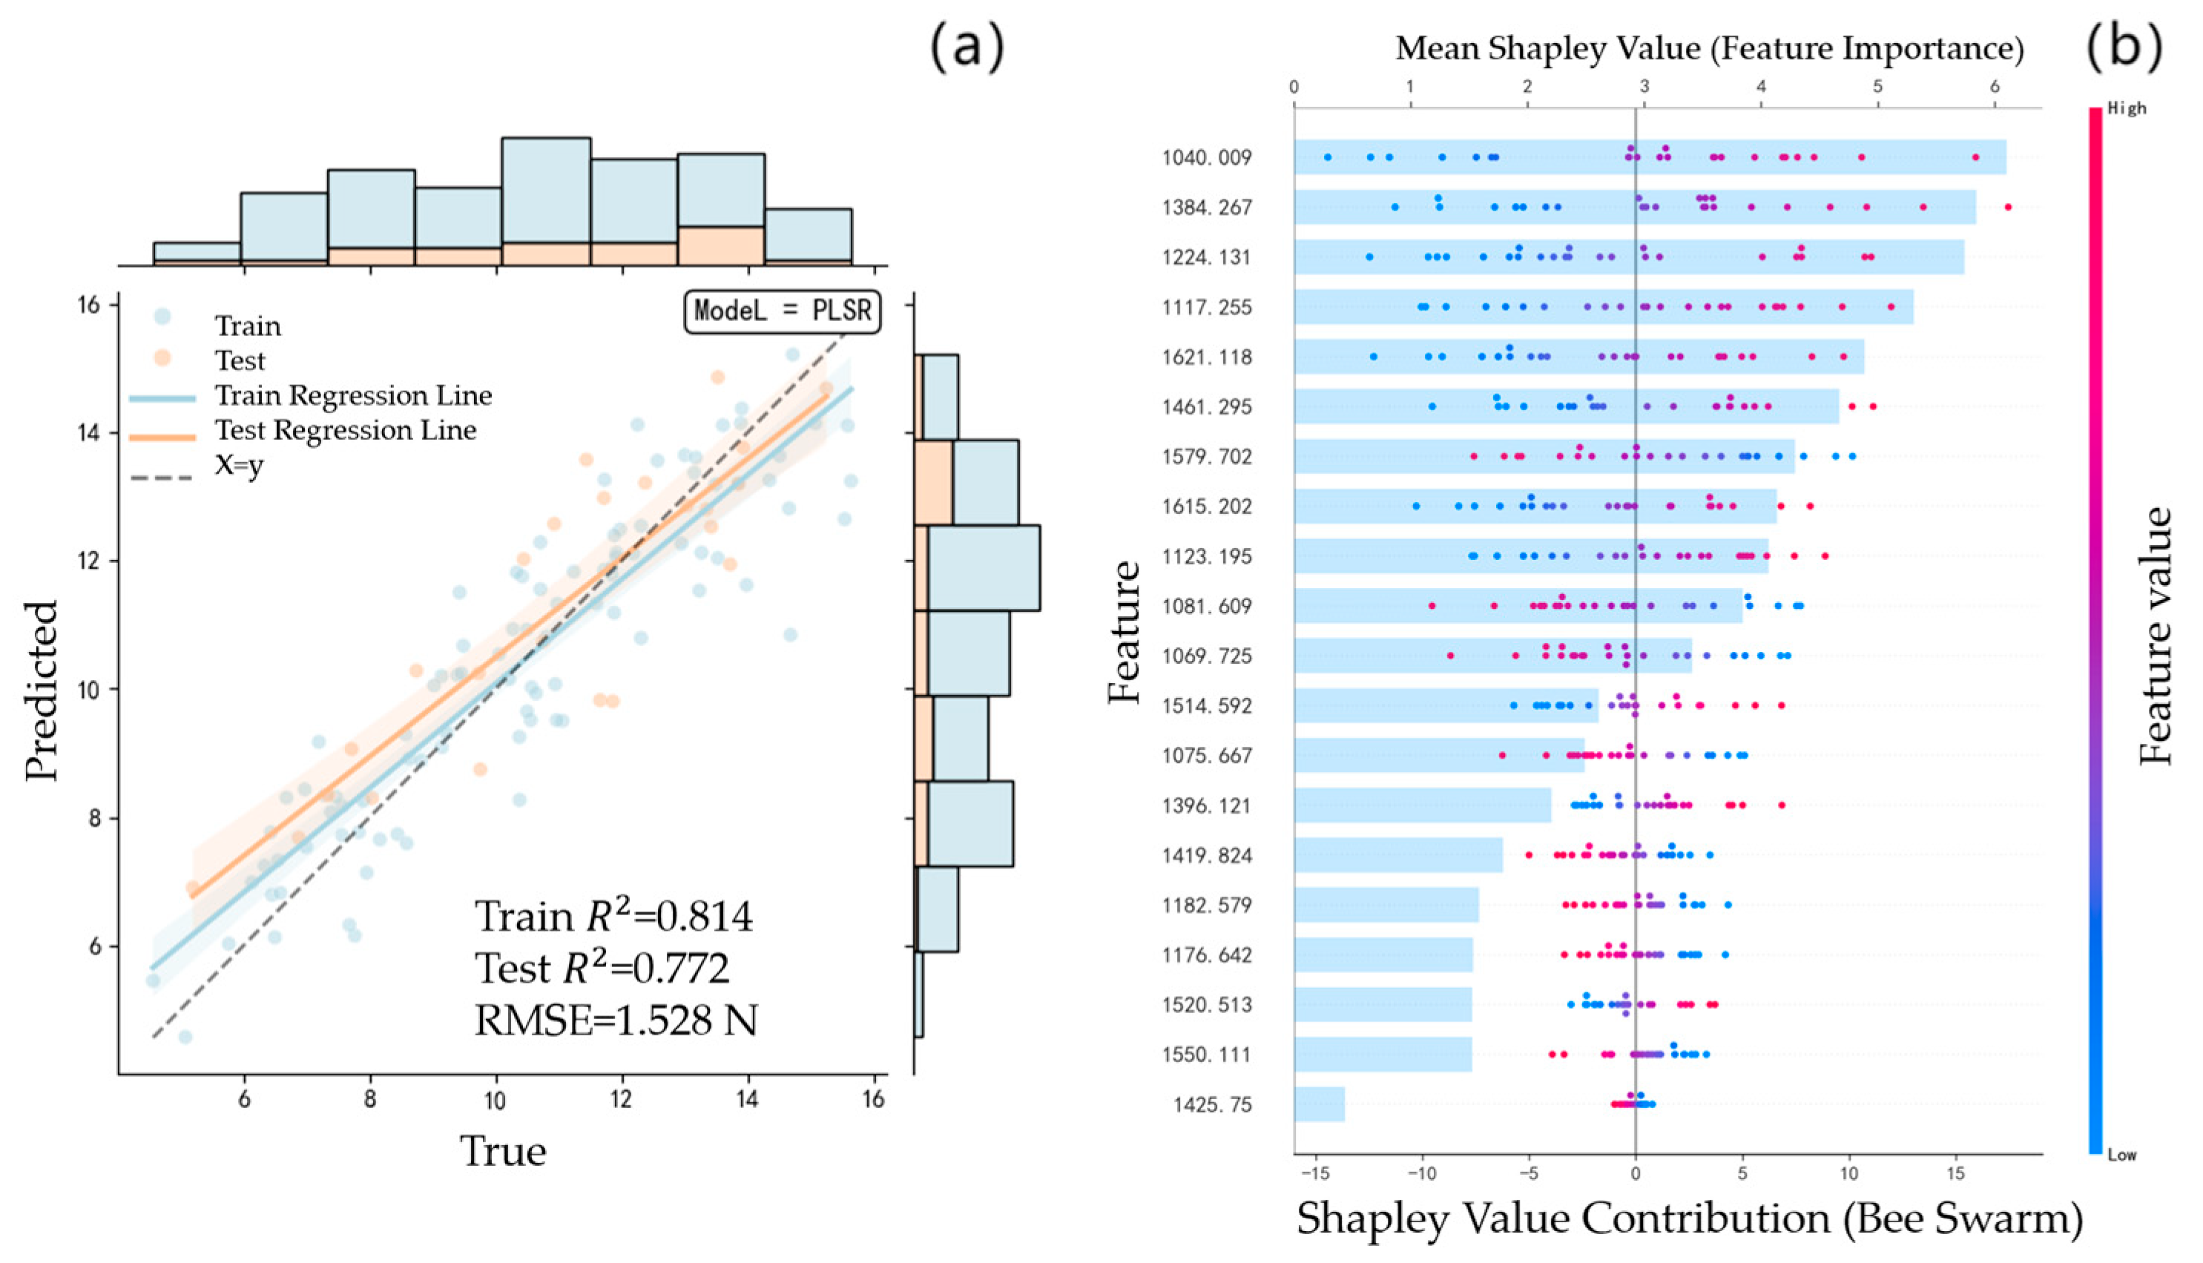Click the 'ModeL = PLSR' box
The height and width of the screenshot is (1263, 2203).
(783, 311)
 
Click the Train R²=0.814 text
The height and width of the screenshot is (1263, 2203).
(613, 917)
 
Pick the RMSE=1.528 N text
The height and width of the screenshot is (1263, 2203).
(616, 1021)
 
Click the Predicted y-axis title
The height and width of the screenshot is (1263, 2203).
(42, 690)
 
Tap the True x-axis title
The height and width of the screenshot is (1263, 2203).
(503, 1152)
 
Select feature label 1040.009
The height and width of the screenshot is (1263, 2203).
(1208, 158)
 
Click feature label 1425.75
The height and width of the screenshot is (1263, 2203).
(1213, 1105)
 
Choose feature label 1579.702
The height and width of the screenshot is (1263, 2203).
(1208, 456)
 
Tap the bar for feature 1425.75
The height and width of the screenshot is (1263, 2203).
(1319, 1104)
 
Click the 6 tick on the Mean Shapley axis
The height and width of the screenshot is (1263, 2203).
(1995, 87)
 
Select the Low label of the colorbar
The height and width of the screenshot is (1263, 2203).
(2122, 1155)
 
